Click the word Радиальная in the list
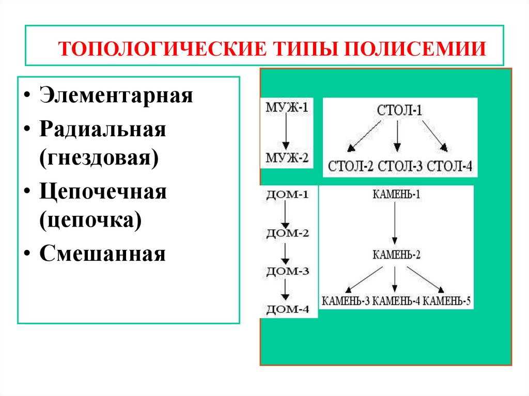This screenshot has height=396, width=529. pyautogui.click(x=102, y=130)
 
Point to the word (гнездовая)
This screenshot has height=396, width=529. pyautogui.click(x=97, y=156)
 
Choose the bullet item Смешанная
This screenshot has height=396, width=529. pyautogui.click(x=101, y=254)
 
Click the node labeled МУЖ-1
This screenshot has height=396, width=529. pyautogui.click(x=286, y=109)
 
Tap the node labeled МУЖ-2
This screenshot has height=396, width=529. pyautogui.click(x=287, y=157)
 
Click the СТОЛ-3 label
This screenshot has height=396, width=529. pyautogui.click(x=400, y=167)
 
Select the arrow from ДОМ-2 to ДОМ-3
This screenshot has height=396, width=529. pyautogui.click(x=285, y=251)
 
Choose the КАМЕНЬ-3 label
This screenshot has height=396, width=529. pyautogui.click(x=345, y=301)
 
